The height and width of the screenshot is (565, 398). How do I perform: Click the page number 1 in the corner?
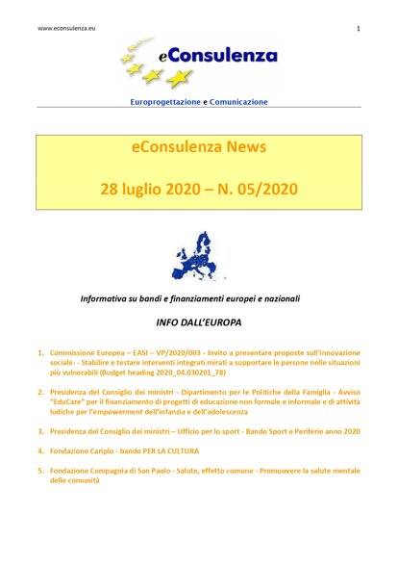pyautogui.click(x=358, y=29)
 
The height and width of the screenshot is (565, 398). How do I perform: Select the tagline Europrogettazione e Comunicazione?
pyautogui.click(x=199, y=101)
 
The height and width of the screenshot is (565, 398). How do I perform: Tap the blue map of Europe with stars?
pyautogui.click(x=198, y=257)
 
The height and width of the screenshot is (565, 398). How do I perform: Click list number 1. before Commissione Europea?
pyautogui.click(x=40, y=353)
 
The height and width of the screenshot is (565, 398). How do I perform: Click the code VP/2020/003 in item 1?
pyautogui.click(x=190, y=353)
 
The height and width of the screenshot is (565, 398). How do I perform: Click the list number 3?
pyautogui.click(x=40, y=432)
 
